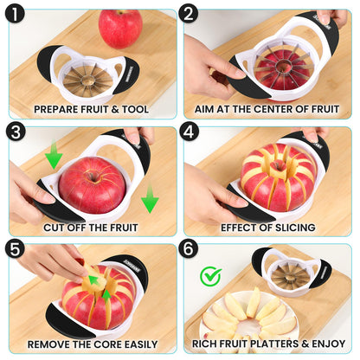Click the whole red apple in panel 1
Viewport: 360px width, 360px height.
point(120,28)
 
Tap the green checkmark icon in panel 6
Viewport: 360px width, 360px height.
point(210,277)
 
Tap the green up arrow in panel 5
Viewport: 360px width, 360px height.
point(107,297)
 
